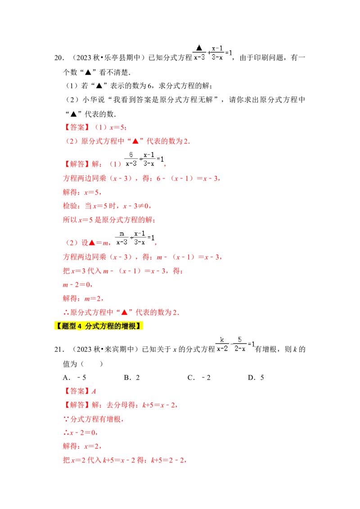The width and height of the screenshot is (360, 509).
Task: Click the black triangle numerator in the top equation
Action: (199, 48)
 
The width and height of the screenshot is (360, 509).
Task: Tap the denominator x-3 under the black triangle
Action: (199, 57)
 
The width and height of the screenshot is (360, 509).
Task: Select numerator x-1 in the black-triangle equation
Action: (217, 48)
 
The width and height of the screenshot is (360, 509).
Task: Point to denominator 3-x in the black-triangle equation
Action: (217, 57)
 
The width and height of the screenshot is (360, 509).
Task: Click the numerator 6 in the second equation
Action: (131, 154)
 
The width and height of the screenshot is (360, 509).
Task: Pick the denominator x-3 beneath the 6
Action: (131, 163)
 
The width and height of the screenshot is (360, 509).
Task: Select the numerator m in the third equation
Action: (121, 233)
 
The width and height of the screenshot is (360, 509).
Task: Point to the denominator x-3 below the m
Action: (121, 242)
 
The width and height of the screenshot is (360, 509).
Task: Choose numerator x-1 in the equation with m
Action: (139, 233)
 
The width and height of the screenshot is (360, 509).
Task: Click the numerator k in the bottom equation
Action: (221, 339)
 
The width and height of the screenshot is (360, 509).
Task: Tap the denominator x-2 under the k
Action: (222, 348)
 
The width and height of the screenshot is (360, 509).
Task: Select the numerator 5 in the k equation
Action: (240, 339)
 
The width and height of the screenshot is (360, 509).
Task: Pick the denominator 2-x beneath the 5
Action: (240, 348)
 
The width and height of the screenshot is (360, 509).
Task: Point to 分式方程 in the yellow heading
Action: (100, 326)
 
